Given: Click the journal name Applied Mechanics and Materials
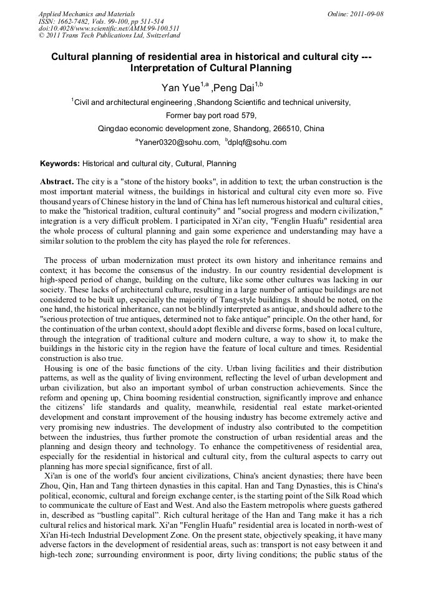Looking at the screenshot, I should click(86, 14).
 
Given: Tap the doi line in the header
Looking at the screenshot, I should click(109, 29).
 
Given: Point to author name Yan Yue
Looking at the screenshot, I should click(181, 88).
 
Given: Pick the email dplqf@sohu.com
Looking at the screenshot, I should click(258, 142).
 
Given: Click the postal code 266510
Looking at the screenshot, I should click(287, 129).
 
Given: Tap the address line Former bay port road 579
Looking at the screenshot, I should click(211, 115).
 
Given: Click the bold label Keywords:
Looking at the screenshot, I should click(60, 164).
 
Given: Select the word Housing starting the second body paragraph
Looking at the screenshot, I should click(58, 369).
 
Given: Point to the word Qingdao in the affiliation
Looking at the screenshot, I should click(113, 129).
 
